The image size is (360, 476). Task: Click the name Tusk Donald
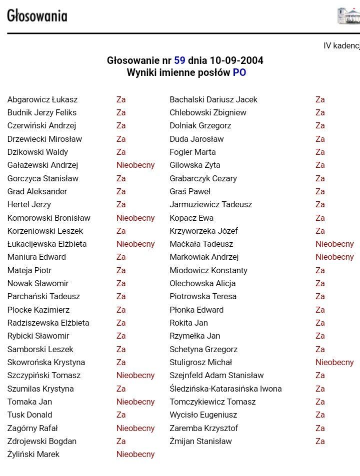(29, 415)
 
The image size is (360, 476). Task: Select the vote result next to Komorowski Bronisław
(135, 218)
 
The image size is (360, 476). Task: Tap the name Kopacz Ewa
(191, 218)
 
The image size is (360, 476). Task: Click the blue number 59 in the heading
(179, 60)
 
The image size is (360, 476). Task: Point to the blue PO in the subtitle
(239, 73)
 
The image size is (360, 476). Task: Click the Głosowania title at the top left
(37, 16)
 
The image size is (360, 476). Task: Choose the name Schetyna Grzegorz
(203, 349)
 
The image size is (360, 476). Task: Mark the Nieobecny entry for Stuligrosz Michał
(334, 362)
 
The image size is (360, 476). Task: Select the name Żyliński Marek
(33, 454)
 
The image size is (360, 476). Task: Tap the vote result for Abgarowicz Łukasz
(121, 99)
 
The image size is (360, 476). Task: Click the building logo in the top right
(348, 15)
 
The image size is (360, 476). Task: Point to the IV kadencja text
(341, 45)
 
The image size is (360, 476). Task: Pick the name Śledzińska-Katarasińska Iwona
(225, 389)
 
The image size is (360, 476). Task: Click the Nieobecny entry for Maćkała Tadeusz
(334, 244)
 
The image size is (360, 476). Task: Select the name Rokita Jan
(188, 323)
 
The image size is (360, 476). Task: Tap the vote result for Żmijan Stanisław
(320, 441)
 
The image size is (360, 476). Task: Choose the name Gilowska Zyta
(195, 165)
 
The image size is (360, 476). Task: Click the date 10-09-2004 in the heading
(232, 60)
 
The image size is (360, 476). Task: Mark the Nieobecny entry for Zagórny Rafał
(135, 428)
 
